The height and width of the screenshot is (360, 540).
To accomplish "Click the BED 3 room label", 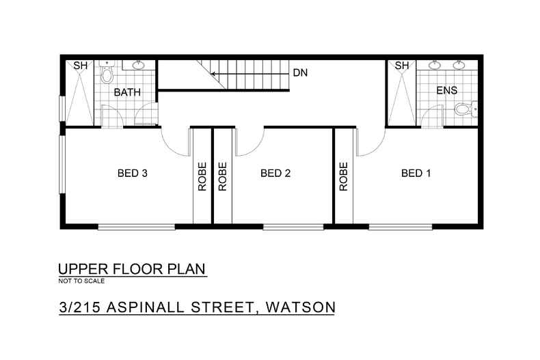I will click(x=133, y=174).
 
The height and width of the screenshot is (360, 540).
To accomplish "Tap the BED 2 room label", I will click(x=276, y=174).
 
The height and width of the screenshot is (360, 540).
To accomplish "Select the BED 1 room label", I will click(x=416, y=174).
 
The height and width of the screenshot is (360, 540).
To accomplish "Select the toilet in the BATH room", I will click(x=105, y=74).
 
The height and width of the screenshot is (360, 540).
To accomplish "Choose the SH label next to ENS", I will click(x=401, y=66).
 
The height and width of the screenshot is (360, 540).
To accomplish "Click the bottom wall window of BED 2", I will click(x=284, y=227).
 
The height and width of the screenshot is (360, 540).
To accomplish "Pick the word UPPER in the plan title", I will click(x=81, y=269).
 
